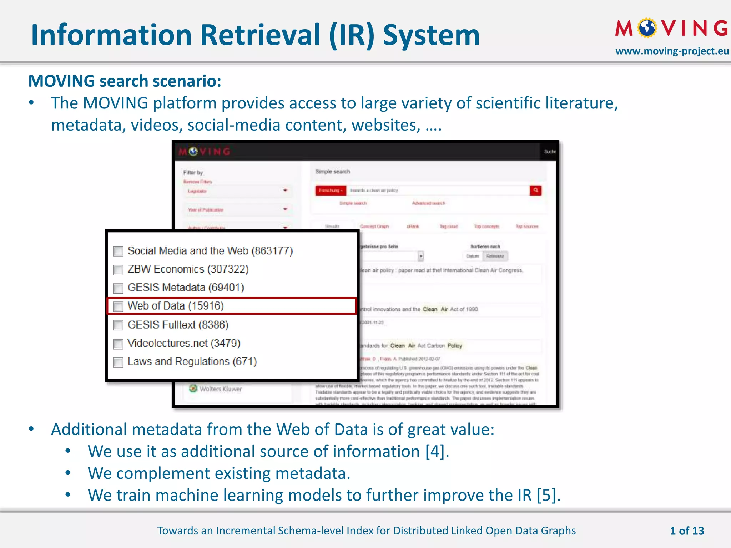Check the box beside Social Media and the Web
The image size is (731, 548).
[118, 251]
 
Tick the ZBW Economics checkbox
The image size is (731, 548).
[118, 270]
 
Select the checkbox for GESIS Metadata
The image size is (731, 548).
[118, 288]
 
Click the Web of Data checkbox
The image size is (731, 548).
[118, 306]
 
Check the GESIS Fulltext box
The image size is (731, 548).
[118, 325]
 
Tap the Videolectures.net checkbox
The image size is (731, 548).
[118, 344]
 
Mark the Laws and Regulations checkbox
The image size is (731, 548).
[118, 362]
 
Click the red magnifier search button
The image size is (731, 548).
[535, 191]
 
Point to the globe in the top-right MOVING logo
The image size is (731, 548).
[647, 28]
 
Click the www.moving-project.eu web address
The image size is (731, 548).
[672, 51]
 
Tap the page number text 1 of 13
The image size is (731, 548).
[687, 531]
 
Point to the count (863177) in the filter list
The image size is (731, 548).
[272, 251]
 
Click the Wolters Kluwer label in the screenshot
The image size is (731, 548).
[220, 389]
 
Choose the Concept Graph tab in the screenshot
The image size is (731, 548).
[374, 227]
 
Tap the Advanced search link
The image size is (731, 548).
[428, 203]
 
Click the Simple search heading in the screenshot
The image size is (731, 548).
[332, 172]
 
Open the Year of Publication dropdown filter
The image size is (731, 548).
[237, 210]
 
